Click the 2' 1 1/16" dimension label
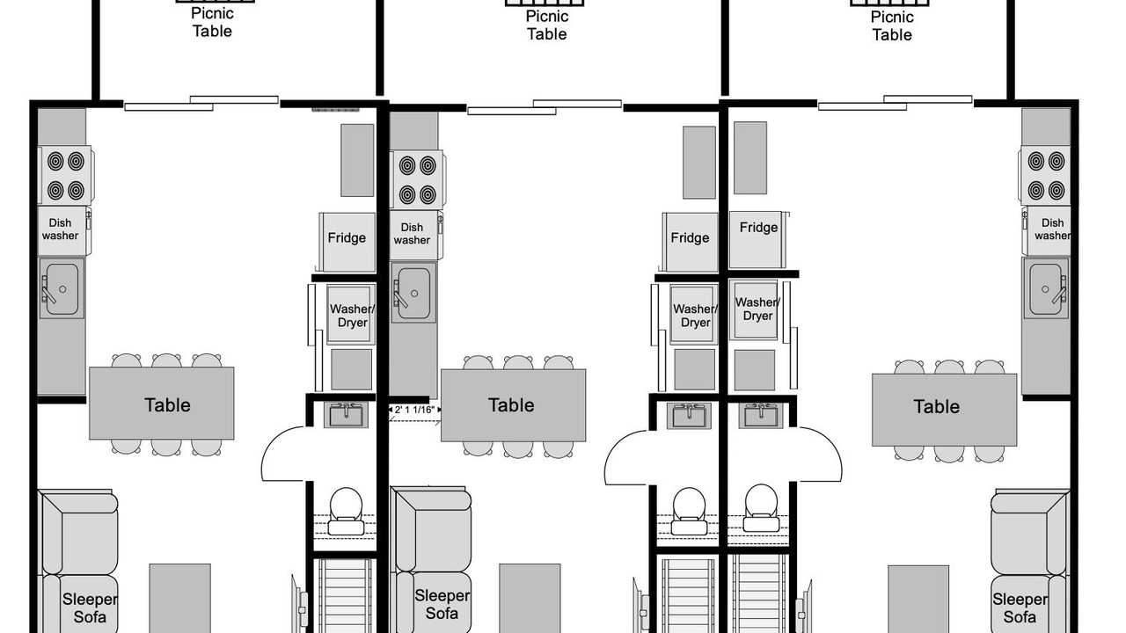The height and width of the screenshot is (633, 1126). (x=414, y=410)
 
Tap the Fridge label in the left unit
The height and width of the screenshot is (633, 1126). (x=347, y=237)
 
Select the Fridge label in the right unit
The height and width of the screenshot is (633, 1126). (x=758, y=228)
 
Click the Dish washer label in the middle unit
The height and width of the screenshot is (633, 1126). (x=412, y=234)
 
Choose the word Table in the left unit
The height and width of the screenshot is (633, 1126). (x=167, y=405)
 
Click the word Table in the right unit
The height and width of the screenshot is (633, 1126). (x=937, y=406)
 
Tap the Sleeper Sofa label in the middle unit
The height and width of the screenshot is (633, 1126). (x=442, y=604)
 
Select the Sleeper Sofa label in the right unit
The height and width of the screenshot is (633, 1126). (x=1020, y=608)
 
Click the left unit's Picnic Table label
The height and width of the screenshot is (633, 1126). (x=212, y=22)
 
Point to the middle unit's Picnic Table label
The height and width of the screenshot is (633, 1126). (x=547, y=25)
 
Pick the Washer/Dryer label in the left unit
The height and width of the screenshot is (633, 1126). (x=352, y=316)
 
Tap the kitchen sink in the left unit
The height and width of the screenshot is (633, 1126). (x=62, y=288)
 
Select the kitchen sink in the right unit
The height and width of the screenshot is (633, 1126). (x=1046, y=288)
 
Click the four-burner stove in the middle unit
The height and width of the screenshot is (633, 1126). (x=417, y=180)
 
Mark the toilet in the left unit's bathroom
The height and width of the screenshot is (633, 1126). (x=346, y=511)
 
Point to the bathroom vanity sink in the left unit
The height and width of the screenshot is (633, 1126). (x=346, y=415)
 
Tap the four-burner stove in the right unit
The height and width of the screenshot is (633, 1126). (x=1046, y=176)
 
